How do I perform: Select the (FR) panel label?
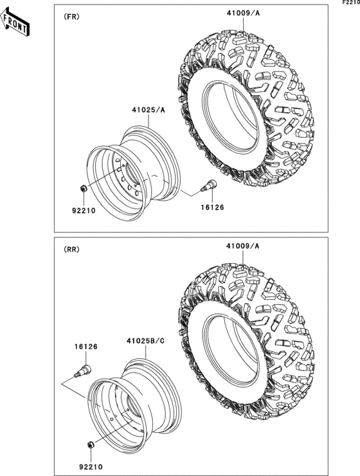click(71, 17)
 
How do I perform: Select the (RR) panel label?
click(71, 250)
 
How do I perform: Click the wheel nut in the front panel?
click(84, 188)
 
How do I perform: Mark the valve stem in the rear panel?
click(84, 370)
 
